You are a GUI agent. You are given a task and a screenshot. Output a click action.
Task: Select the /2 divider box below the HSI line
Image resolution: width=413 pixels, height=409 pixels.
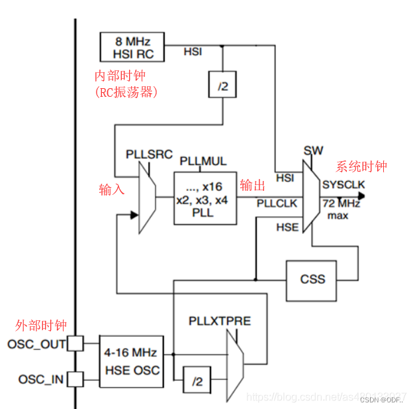(222, 85)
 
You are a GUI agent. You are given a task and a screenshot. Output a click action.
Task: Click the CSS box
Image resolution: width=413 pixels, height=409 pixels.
(312, 278)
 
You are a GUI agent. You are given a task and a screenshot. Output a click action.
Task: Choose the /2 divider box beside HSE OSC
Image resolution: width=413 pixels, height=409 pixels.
(197, 382)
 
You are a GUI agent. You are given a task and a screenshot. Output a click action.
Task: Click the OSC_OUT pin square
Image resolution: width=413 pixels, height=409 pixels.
(75, 343)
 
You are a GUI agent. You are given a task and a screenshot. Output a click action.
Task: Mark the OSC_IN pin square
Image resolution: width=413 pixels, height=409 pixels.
(75, 379)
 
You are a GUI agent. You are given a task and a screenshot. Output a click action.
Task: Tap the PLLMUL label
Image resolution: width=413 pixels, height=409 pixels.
(203, 161)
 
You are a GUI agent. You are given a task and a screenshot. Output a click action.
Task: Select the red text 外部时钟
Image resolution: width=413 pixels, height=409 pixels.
(41, 325)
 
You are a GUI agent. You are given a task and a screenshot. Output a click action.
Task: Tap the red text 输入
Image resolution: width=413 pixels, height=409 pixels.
(112, 190)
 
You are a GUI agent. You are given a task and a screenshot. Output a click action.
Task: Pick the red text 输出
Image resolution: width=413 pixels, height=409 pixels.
(253, 185)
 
